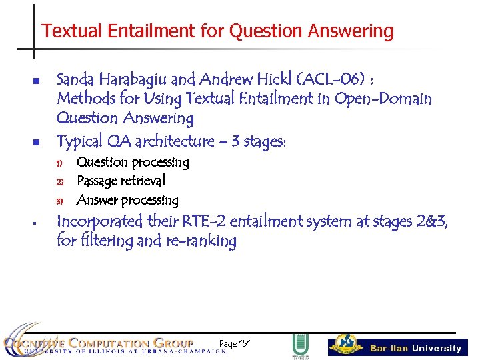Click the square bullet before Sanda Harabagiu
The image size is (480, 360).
pyautogui.click(x=37, y=81)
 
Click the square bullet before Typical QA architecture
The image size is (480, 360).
pyautogui.click(x=37, y=141)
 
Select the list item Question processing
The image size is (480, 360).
pyautogui.click(x=133, y=162)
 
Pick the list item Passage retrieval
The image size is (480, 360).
pyautogui.click(x=121, y=181)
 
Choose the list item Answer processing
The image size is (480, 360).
pyautogui.click(x=127, y=200)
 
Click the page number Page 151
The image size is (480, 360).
pyautogui.click(x=234, y=344)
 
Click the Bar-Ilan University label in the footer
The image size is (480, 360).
pyautogui.click(x=415, y=348)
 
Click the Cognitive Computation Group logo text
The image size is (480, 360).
pyautogui.click(x=100, y=343)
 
